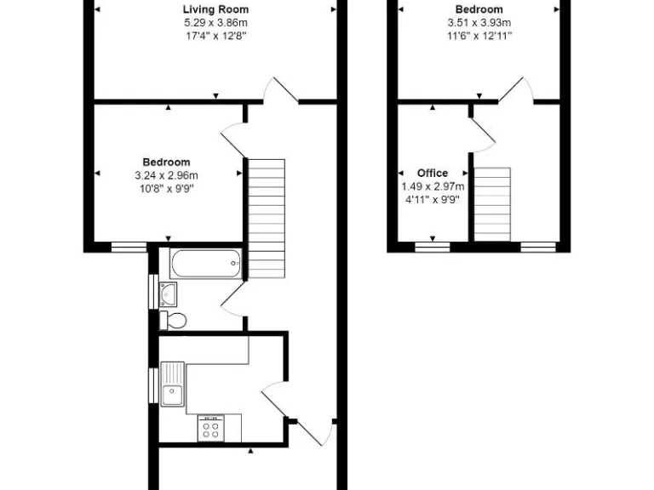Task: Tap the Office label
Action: (432, 173)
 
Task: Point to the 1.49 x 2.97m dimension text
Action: (433, 186)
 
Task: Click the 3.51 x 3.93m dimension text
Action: (479, 22)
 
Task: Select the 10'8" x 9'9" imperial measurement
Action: (165, 188)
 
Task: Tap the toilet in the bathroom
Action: (173, 320)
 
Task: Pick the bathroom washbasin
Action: (168, 294)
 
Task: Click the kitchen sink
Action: (173, 384)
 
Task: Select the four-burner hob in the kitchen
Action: (210, 427)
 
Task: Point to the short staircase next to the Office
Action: (492, 203)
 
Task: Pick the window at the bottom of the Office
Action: (432, 247)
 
